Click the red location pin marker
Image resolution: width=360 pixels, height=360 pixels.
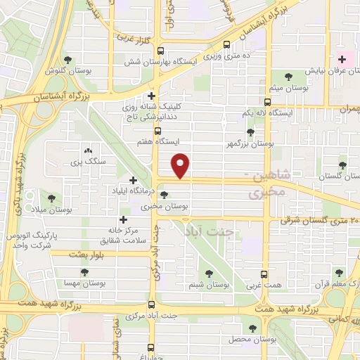pos(181,165)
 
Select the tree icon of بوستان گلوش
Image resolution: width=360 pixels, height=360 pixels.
pos(67,60)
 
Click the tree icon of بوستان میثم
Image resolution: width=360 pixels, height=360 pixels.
pos(289,76)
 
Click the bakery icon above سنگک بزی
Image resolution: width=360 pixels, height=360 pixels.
pos(88,150)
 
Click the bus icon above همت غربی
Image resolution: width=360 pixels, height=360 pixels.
pos(264,274)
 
